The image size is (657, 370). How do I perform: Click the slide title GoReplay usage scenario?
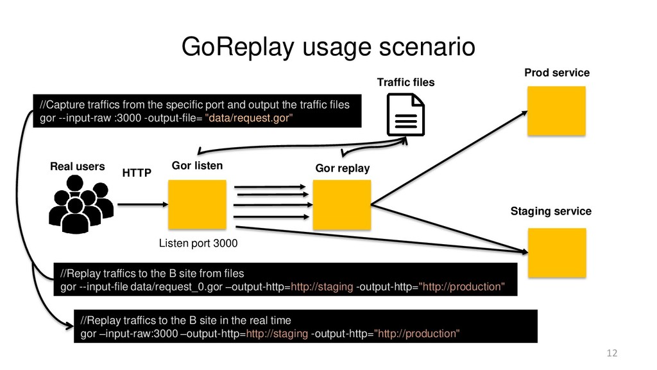click(328, 46)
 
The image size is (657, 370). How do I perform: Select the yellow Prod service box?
click(556, 110)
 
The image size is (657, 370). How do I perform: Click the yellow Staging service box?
click(556, 252)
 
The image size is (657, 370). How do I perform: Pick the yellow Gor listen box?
click(197, 204)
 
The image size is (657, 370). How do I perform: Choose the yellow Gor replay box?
click(341, 204)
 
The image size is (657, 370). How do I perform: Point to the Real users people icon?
click(81, 204)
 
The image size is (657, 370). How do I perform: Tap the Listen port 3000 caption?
click(198, 243)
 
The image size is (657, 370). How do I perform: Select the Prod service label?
click(556, 73)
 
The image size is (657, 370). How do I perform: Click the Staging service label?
click(550, 211)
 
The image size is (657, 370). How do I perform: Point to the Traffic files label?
click(405, 82)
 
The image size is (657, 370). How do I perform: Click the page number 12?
click(611, 353)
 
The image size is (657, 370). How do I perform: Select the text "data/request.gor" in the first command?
click(250, 118)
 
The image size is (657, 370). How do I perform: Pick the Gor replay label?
click(342, 168)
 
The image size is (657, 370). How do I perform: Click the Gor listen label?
click(197, 166)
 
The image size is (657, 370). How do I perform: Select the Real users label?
click(77, 166)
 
